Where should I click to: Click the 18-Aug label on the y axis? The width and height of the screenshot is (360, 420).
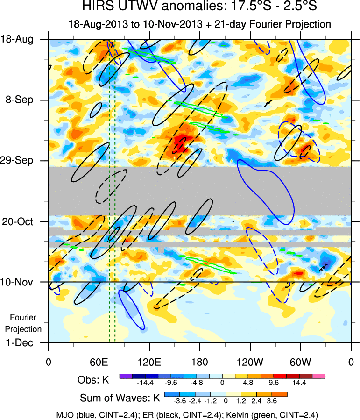pos(21,40)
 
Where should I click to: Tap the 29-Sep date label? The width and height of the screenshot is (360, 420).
pos(19,161)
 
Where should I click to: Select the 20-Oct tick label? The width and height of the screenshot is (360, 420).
pos(20,221)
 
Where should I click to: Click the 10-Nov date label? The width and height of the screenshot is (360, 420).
pos(19,282)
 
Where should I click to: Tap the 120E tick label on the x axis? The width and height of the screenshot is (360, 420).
pos(149,362)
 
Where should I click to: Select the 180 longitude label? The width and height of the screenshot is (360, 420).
pos(199,362)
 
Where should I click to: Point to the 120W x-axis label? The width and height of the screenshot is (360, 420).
pos(250,362)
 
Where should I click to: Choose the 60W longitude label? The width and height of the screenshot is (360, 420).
pos(300,362)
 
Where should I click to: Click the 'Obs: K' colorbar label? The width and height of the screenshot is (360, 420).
pos(93,380)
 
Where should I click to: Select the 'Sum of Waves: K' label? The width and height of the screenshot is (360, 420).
pos(119,399)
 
